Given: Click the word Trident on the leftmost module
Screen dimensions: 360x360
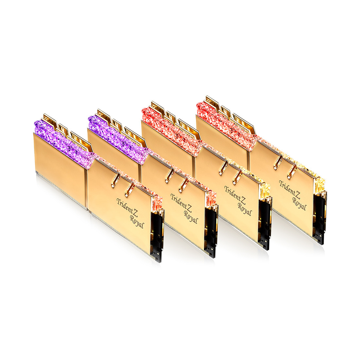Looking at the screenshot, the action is pos(125,206).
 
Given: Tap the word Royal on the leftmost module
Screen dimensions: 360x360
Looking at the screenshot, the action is pos(137,221).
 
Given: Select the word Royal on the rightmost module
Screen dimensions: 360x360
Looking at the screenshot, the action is pos(299,204).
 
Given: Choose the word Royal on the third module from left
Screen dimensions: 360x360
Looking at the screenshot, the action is pos(245,209).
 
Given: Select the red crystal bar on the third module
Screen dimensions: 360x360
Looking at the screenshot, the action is pos(172,132).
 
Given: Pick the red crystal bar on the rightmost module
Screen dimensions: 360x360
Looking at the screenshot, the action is pos(226,126).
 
